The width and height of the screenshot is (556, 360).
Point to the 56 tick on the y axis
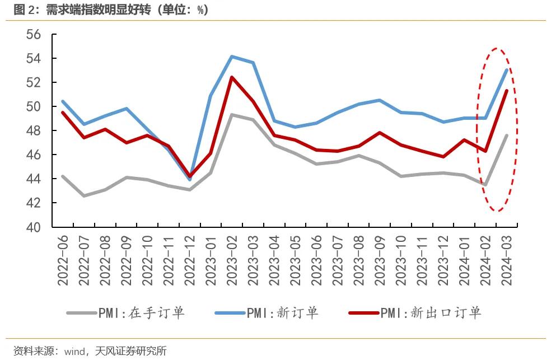tap(34, 35)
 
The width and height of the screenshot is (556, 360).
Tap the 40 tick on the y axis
tap(34, 227)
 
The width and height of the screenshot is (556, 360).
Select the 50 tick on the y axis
tap(34, 107)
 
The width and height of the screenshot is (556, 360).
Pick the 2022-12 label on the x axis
tap(189, 260)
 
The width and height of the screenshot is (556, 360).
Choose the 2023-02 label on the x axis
tap(232, 260)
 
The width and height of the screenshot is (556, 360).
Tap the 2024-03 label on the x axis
tap(507, 260)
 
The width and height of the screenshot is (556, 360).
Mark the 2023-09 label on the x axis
tap(380, 260)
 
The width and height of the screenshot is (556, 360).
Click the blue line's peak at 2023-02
tap(232, 56)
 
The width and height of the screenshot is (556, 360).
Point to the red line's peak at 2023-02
tap(232, 77)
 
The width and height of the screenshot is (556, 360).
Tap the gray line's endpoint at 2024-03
tap(507, 135)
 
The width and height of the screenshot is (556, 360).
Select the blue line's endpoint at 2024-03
tap(507, 70)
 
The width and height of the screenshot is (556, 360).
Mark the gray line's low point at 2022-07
tap(83, 196)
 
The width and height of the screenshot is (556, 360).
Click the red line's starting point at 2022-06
tap(62, 113)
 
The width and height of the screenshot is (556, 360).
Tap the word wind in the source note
tap(74, 352)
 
